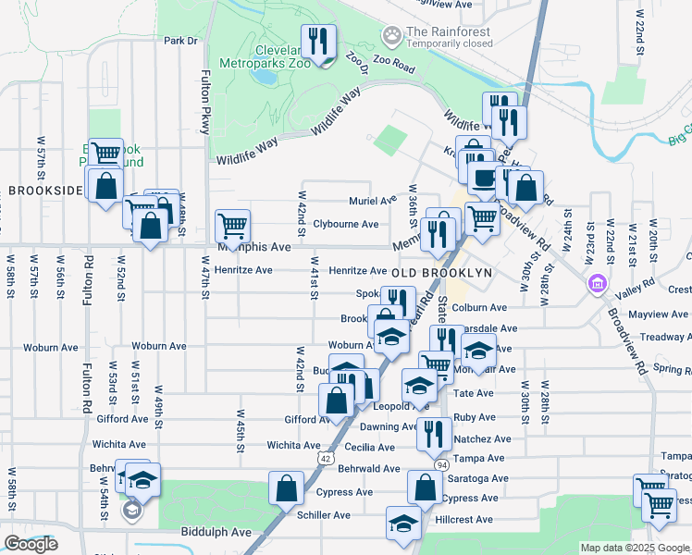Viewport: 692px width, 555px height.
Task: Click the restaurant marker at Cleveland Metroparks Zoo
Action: click(320, 43)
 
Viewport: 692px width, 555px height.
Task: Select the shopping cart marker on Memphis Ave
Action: click(232, 225)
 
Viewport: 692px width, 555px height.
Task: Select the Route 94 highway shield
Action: click(442, 463)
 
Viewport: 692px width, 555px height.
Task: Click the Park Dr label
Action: click(181, 41)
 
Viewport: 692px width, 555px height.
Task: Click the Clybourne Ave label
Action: click(345, 224)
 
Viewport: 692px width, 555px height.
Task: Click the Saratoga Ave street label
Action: click(477, 478)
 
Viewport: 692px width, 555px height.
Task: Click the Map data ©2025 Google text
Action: click(635, 548)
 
